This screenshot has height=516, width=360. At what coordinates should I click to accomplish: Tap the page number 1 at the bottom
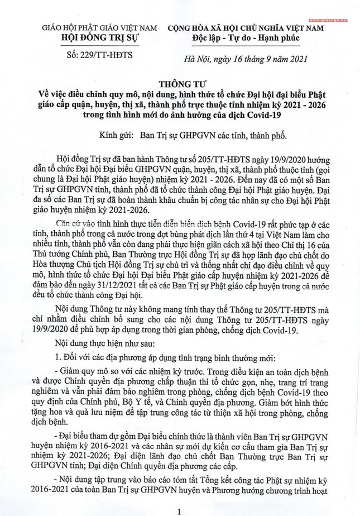pyautogui.click(x=179, y=509)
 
